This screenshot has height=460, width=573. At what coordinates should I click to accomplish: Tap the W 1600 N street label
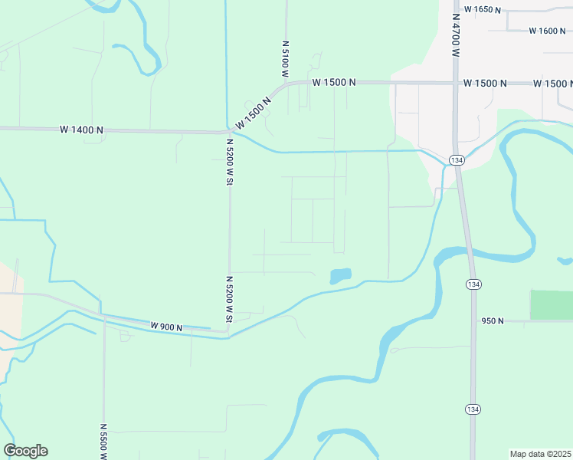[547, 31]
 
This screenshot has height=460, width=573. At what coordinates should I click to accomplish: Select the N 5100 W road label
[284, 60]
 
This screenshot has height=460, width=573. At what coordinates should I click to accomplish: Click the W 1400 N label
[81, 130]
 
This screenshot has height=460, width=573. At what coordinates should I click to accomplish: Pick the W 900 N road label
[166, 327]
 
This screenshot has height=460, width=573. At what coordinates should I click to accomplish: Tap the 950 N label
[492, 320]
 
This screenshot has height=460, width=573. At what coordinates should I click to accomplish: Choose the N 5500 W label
[103, 442]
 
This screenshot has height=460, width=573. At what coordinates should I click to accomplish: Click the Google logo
[25, 451]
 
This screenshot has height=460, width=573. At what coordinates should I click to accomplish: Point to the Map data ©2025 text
[540, 453]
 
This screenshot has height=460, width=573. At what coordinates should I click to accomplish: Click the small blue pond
[340, 275]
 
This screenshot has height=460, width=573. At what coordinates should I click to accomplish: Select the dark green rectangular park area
[551, 304]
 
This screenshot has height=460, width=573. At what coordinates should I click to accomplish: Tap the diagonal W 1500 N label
[254, 113]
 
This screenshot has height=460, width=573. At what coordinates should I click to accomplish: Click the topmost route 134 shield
[457, 159]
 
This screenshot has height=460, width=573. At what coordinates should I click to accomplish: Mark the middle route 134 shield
[473, 284]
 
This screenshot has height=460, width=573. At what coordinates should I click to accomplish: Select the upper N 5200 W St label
[229, 161]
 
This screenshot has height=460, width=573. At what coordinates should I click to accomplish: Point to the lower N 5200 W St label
[229, 298]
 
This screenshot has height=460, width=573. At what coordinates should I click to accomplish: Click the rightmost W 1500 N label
[553, 83]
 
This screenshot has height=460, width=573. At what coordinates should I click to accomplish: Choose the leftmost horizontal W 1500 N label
[334, 82]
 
